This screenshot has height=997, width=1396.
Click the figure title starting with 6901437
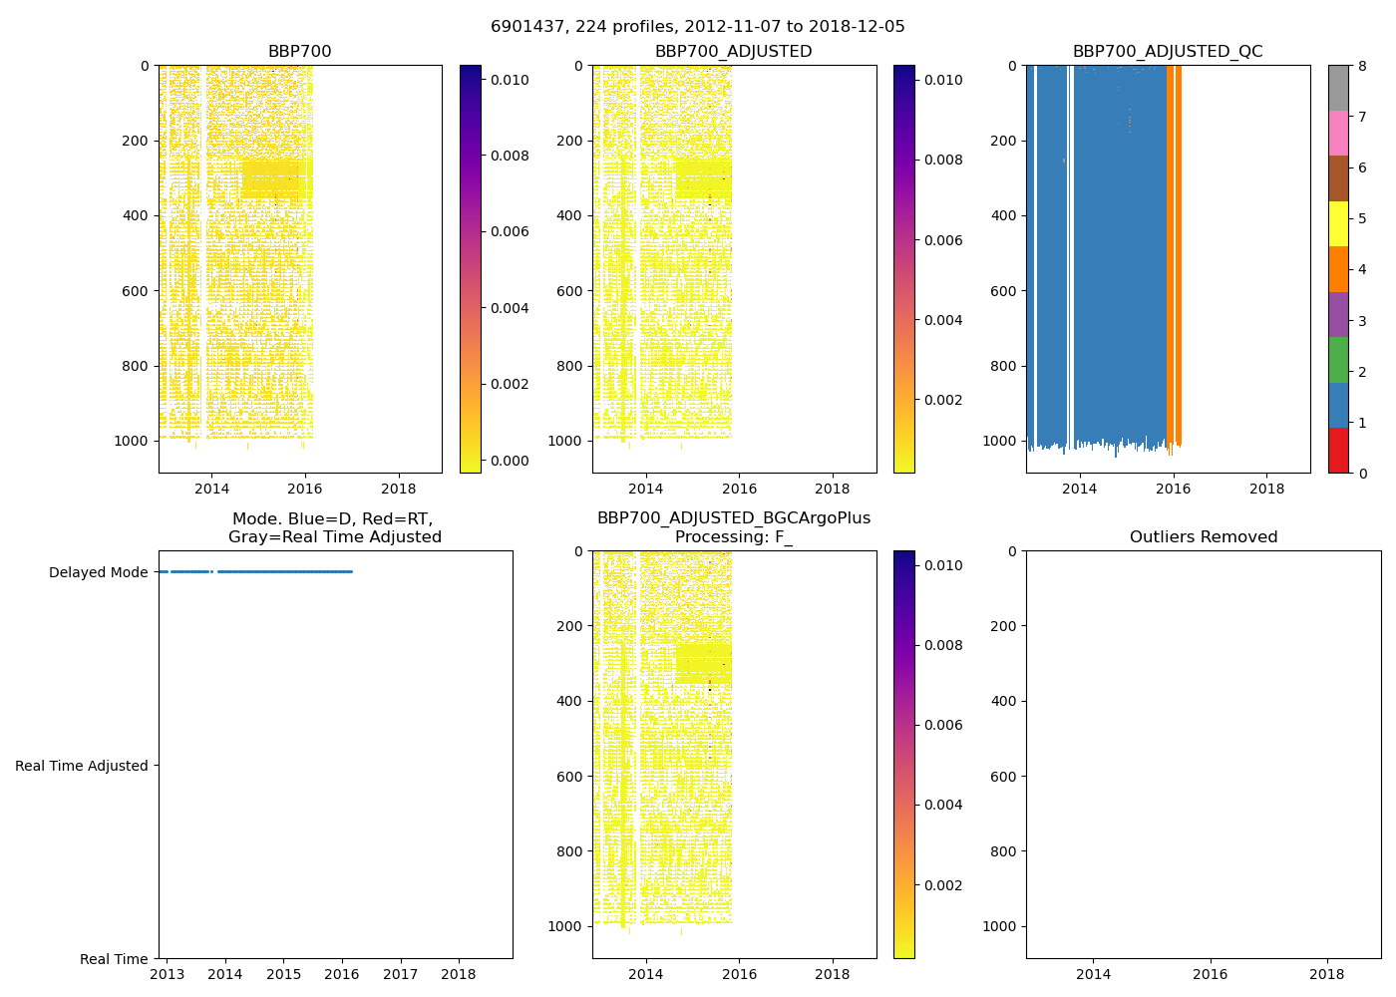697,27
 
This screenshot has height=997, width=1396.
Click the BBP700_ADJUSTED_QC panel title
1167,52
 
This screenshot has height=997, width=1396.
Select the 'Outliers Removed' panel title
1203,537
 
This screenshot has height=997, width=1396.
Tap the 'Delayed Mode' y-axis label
98,572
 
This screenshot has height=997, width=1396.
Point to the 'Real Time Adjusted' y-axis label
82,766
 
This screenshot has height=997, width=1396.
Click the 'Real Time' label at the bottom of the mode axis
114,959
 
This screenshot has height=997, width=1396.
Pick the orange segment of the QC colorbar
1338,269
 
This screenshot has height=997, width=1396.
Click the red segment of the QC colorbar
1338,451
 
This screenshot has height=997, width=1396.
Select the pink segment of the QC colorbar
1338,133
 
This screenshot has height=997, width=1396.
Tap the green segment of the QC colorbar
1338,360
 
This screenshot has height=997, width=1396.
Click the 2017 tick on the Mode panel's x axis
400,974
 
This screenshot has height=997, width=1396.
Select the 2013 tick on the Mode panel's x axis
167,974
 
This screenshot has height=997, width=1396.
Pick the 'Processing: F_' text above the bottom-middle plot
733,537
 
